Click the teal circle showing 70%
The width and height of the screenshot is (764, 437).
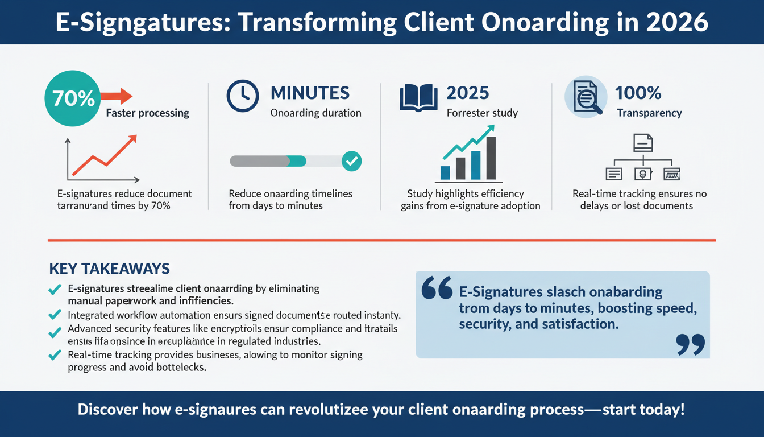point(73,98)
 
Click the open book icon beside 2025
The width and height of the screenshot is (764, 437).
point(418,96)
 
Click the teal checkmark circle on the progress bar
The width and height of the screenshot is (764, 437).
point(352,161)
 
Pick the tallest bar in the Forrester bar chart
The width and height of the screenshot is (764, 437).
point(491,158)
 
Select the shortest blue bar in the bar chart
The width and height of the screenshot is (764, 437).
point(446,172)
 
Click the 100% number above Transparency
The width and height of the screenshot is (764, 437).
point(638,92)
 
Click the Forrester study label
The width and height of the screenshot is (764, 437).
point(482,113)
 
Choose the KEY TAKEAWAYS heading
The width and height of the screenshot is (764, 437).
point(110,269)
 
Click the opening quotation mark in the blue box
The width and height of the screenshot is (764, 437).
point(437,287)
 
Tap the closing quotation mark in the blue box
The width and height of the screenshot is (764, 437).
point(691,344)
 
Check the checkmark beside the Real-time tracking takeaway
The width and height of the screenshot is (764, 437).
point(55,356)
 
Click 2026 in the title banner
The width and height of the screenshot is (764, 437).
point(676,22)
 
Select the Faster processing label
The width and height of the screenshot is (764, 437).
point(147,113)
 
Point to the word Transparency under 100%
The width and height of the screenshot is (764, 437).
point(649,113)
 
